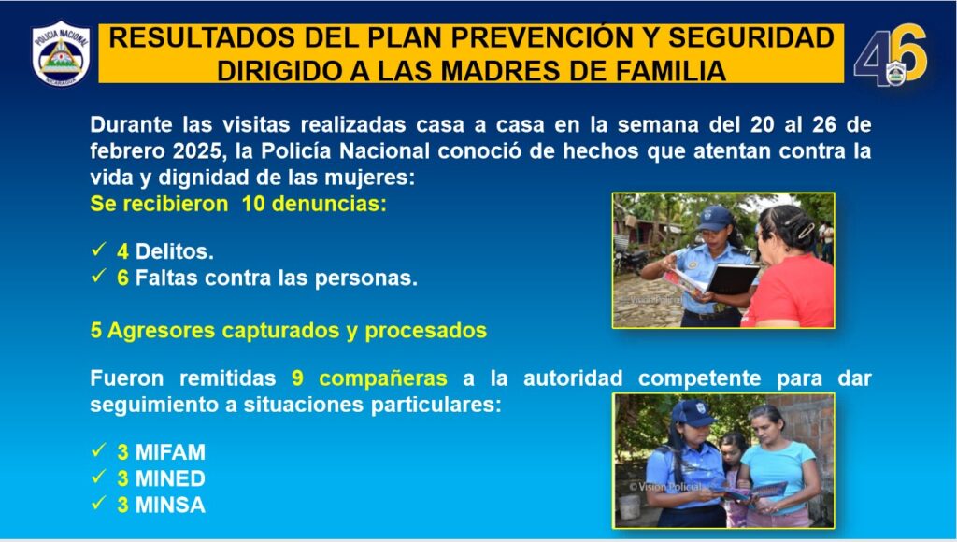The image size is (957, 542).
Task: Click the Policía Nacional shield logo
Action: point(61,53)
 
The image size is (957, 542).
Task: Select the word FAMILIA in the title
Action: point(671,70)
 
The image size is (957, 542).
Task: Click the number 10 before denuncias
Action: point(253,204)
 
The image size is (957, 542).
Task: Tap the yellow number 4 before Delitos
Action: point(122,250)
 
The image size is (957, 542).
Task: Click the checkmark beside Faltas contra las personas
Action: point(99,276)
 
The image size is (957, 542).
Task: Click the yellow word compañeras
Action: point(382,378)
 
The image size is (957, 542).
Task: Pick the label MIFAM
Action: point(170,452)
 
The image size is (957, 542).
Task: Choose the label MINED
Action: point(170,478)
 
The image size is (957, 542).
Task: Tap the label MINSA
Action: point(170,506)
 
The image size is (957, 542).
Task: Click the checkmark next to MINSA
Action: point(99,504)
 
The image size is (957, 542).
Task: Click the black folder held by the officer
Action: point(733,278)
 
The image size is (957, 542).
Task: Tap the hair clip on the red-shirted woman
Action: point(806,230)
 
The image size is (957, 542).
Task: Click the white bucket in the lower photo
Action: point(629,506)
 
